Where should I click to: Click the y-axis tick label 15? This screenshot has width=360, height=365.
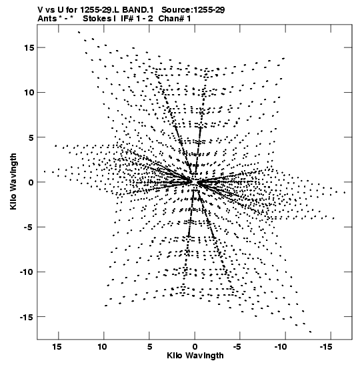coord(29,47)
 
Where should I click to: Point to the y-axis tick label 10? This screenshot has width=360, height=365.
coord(29,92)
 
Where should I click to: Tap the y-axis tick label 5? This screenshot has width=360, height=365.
coord(31,137)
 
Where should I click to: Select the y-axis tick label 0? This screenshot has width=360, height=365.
coord(31,182)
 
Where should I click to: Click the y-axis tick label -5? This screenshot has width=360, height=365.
coord(29,227)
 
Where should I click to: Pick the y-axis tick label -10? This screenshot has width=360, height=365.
coord(27,272)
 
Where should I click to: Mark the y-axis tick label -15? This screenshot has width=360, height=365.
coord(27,317)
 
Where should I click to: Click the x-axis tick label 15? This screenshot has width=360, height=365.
coord(57,347)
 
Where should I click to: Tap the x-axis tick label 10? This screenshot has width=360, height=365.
coord(102,347)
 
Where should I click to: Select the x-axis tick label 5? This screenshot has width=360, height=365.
coord(149,347)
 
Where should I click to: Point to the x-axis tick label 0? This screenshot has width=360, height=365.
coord(195,347)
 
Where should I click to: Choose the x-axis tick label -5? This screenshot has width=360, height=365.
coord(237,347)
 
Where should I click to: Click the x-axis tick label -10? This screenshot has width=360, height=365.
coord(281,347)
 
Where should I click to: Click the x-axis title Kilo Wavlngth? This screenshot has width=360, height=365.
coord(195,356)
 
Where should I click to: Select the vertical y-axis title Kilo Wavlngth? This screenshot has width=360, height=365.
coord(13,181)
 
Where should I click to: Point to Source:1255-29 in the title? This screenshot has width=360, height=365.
coord(193,10)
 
